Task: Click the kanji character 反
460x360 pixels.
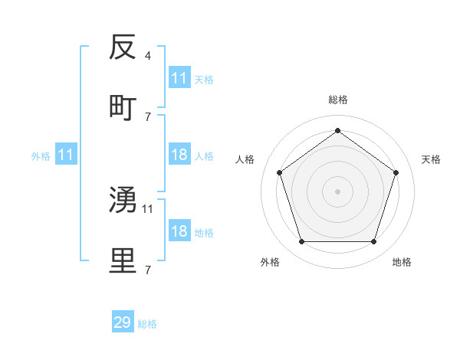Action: click(x=123, y=48)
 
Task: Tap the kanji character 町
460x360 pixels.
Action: click(x=123, y=107)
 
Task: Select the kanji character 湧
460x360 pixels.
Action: click(x=123, y=200)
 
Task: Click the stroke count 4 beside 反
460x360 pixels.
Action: click(x=147, y=56)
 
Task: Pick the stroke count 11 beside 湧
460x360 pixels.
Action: click(x=148, y=208)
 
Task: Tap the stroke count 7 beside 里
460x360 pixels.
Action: click(x=147, y=269)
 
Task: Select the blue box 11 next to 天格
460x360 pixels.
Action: click(x=179, y=78)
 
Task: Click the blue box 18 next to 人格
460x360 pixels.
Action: click(x=179, y=155)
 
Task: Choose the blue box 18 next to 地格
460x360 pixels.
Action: click(x=179, y=231)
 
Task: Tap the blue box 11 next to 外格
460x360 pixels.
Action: click(x=66, y=155)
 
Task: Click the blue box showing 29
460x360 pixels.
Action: click(x=123, y=322)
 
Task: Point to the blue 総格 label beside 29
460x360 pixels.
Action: click(x=147, y=324)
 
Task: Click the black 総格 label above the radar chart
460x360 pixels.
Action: click(x=337, y=100)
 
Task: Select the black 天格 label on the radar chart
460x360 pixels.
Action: click(x=432, y=159)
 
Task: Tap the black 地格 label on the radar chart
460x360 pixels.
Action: click(x=402, y=262)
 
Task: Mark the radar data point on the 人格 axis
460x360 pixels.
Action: click(x=280, y=172)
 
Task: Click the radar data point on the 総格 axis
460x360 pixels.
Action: click(x=337, y=131)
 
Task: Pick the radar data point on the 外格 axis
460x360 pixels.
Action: click(x=301, y=241)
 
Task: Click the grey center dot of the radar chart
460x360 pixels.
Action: click(x=337, y=191)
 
